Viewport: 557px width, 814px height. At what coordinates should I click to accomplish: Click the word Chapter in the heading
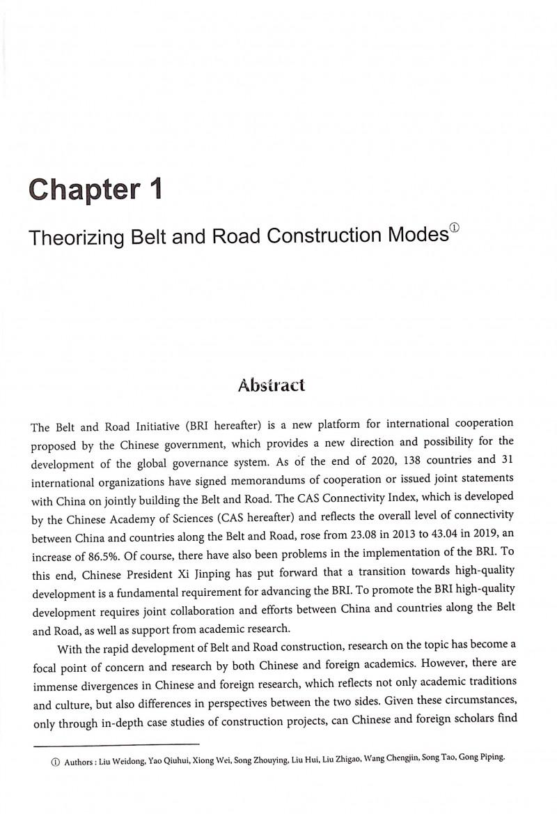point(84,191)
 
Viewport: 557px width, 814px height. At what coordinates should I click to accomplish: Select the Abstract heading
point(272,384)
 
